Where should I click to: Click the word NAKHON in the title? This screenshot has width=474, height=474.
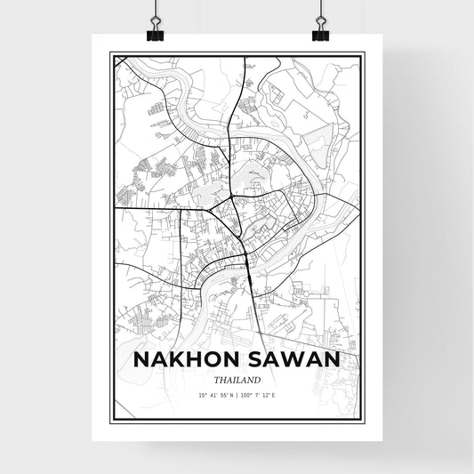(x=185, y=358)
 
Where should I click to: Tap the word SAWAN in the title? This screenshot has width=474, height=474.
(x=292, y=358)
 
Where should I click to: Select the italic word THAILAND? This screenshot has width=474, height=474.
(x=237, y=380)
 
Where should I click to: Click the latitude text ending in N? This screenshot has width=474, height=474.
(x=213, y=395)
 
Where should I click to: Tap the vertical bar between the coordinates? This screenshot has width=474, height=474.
(x=237, y=395)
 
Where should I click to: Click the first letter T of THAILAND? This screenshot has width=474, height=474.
(x=214, y=380)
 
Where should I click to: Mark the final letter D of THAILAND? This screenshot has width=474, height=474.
(x=258, y=380)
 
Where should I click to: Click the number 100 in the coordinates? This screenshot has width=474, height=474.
(x=246, y=395)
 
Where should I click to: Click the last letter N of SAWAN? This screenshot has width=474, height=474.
(x=333, y=358)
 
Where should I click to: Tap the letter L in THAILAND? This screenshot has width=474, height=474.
(x=238, y=380)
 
